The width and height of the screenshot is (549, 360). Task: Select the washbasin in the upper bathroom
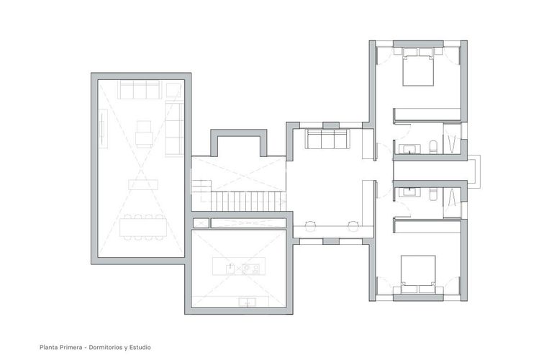411,149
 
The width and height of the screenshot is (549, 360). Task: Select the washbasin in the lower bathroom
411,192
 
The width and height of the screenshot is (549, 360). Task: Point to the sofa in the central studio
327,139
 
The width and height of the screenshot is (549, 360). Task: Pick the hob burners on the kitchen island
250,269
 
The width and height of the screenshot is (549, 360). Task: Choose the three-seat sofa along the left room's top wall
140,90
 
